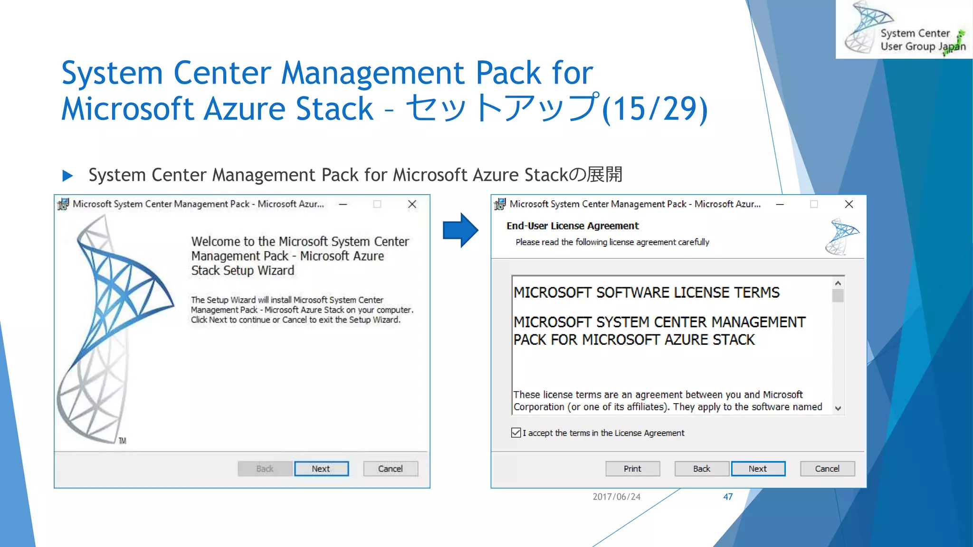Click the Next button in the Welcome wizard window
(321, 469)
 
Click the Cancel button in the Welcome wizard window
(391, 469)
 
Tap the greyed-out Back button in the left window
(265, 469)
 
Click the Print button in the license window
(632, 469)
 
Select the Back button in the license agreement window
(701, 469)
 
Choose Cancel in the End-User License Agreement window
(827, 469)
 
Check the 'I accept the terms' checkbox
(516, 433)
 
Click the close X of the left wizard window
(412, 204)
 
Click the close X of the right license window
(849, 204)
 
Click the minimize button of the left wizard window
(343, 204)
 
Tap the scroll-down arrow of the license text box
(838, 408)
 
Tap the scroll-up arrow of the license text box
(838, 283)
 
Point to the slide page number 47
(728, 497)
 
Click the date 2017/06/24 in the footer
(616, 497)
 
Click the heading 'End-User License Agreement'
(572, 226)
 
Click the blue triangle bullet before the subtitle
(67, 176)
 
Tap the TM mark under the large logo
(123, 441)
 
